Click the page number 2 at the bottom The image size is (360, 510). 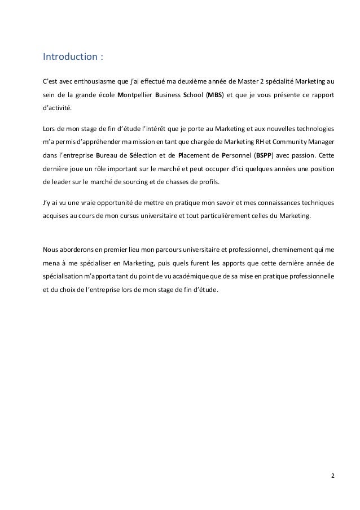click(332, 475)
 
